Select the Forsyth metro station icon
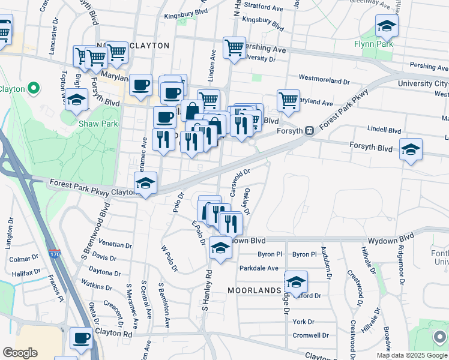click(x=309, y=130)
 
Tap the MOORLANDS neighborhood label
click(x=254, y=290)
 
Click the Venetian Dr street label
click(x=115, y=245)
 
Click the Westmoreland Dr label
click(x=324, y=79)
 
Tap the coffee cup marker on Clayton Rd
click(x=81, y=338)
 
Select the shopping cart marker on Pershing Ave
click(x=234, y=48)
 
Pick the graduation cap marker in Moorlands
click(x=296, y=282)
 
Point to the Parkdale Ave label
click(x=259, y=268)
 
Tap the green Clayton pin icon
click(x=33, y=89)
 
